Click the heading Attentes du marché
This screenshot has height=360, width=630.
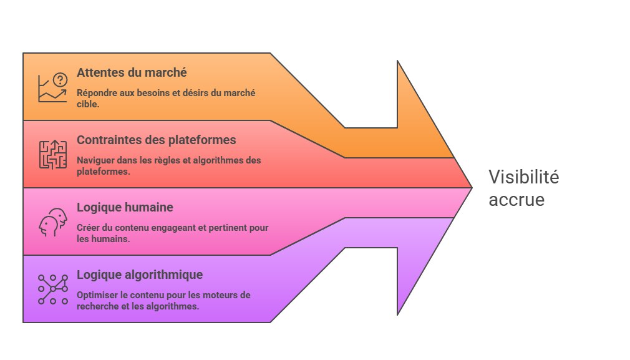point(132,72)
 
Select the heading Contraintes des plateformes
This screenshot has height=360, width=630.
point(156,140)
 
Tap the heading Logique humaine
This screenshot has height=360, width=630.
point(125,207)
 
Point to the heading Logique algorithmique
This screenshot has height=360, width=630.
point(140,275)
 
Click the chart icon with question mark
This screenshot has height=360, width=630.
point(52,87)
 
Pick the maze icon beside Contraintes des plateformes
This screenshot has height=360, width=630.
point(52,155)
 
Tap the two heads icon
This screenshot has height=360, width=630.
point(52,222)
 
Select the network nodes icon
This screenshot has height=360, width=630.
point(52,289)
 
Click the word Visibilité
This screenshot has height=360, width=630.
point(523,177)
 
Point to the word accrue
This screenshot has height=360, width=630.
point(516,200)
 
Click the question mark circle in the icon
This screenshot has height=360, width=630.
point(60,79)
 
